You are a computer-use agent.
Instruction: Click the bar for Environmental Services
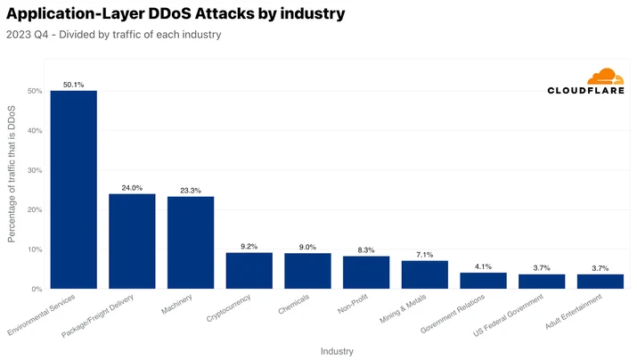click(x=74, y=189)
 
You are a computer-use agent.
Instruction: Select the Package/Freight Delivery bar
click(x=132, y=241)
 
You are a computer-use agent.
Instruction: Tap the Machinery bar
click(x=191, y=242)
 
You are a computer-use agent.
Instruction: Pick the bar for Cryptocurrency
click(x=249, y=271)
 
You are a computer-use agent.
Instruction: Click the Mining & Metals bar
click(x=425, y=274)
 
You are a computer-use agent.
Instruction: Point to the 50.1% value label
click(x=74, y=85)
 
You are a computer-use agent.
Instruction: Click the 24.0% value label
click(x=132, y=188)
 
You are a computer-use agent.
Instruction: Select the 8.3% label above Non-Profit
click(x=366, y=250)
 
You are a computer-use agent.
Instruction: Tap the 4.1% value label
click(x=483, y=266)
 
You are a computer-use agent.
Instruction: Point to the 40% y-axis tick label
click(x=35, y=130)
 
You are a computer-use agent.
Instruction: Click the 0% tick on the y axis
click(x=37, y=289)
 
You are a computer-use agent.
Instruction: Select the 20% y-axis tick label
click(x=35, y=209)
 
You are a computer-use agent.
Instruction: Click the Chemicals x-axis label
click(x=294, y=305)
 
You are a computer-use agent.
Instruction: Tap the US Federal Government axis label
click(x=508, y=315)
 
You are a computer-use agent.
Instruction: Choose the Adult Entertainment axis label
click(x=574, y=312)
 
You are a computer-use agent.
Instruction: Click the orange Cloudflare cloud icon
click(x=605, y=77)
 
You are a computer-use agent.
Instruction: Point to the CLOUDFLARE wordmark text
click(x=586, y=91)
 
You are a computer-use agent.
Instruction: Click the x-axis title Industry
click(x=337, y=351)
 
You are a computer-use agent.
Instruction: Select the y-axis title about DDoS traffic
click(x=12, y=174)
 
